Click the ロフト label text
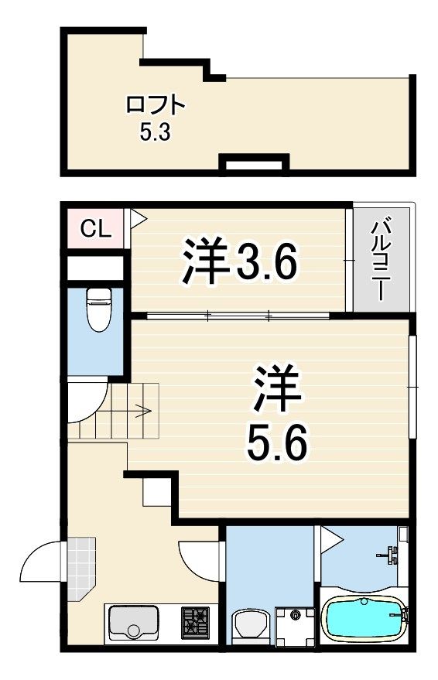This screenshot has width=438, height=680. tap(156, 105)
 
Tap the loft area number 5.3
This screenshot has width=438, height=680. tap(155, 132)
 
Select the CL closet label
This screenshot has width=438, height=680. tap(96, 229)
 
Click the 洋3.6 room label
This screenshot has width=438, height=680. tap(240, 260)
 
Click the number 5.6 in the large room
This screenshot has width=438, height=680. tap(277, 443)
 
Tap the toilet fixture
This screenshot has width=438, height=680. tap(99, 309)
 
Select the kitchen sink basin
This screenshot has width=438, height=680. tap(134, 621)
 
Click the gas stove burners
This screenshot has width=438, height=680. tap(196, 621)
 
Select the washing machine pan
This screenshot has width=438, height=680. tap(296, 625)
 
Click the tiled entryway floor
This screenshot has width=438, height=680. tap(80, 568)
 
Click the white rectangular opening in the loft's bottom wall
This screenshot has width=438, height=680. tap(254, 165)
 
